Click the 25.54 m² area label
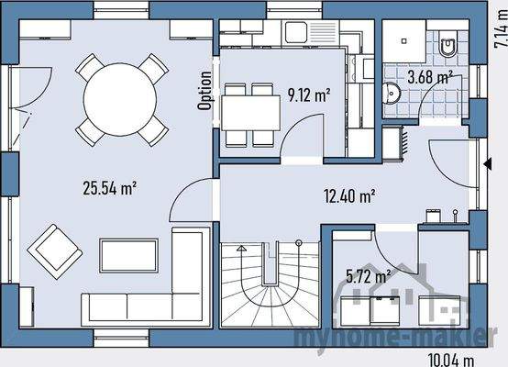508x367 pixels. coord(109,188)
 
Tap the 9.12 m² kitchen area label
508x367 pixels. coord(309,95)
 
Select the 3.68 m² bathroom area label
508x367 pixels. coord(430,77)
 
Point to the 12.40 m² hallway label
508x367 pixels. coord(349,195)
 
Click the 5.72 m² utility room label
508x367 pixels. coord(368,276)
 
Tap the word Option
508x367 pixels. coord(204,91)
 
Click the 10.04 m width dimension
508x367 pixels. coord(451,360)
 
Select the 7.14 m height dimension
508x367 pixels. coord(501,28)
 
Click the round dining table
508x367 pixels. coord(120,99)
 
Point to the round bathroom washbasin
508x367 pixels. coord(392,94)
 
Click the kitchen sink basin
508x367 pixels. coord(296,32)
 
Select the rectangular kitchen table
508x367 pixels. coord(251,113)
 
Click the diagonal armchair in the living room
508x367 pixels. coord(55,251)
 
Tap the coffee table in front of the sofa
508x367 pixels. coord(129,256)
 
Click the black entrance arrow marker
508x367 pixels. coord(488,164)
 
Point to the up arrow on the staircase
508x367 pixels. coord(241,249)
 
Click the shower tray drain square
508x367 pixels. coord(404,41)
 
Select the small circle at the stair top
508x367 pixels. coord(299,242)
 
